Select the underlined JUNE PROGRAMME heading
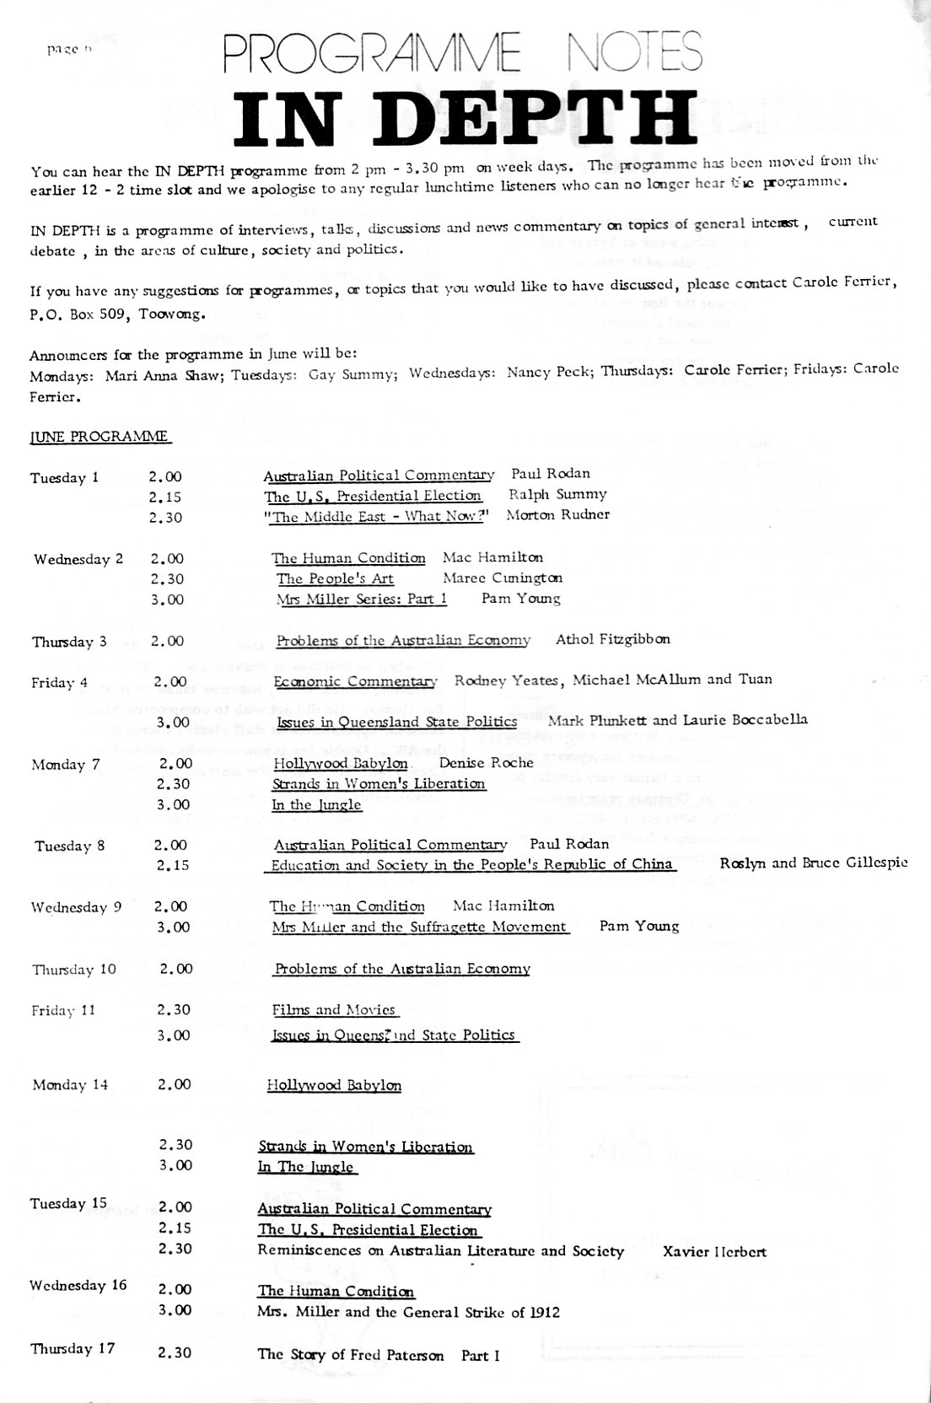[x=100, y=437]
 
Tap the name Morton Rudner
[x=557, y=515]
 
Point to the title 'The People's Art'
[x=335, y=578]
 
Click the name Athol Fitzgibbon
[x=613, y=639]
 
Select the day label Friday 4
[x=60, y=682]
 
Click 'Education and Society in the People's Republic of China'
[x=472, y=864]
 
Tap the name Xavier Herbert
[x=715, y=1251]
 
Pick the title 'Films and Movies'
[x=334, y=1010]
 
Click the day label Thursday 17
[x=73, y=1349]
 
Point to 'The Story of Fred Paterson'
[x=351, y=1356]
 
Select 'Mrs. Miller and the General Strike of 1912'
[x=408, y=1312]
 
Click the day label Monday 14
[x=70, y=1085]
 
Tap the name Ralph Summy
[x=557, y=495]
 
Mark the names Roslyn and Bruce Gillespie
[x=814, y=863]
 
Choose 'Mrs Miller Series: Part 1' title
[x=362, y=599]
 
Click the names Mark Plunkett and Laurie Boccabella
[x=677, y=720]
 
